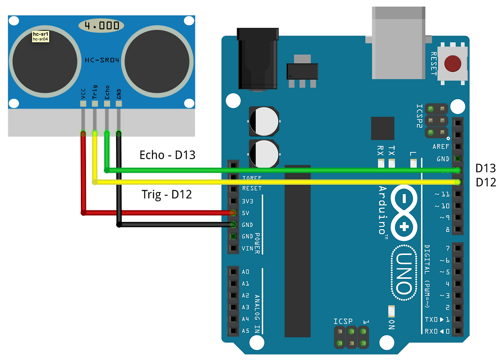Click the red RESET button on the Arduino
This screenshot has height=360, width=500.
(453, 64)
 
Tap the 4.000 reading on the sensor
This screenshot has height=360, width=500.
(101, 26)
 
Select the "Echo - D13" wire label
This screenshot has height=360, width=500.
(167, 155)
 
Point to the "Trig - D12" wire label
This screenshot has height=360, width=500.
(167, 194)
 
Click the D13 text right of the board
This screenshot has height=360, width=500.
(485, 168)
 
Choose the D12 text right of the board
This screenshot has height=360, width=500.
(485, 182)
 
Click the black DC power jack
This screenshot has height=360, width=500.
(258, 59)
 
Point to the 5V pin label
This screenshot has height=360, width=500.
(246, 213)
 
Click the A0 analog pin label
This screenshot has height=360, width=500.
(246, 272)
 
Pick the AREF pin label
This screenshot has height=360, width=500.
(441, 147)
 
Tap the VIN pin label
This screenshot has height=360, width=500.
(247, 248)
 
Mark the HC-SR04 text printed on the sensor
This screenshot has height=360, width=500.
(102, 60)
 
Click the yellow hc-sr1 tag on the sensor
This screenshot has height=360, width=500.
(40, 37)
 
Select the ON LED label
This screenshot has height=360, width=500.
(391, 324)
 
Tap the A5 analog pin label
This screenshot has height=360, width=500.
(246, 331)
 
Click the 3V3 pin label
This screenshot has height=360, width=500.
(246, 201)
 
